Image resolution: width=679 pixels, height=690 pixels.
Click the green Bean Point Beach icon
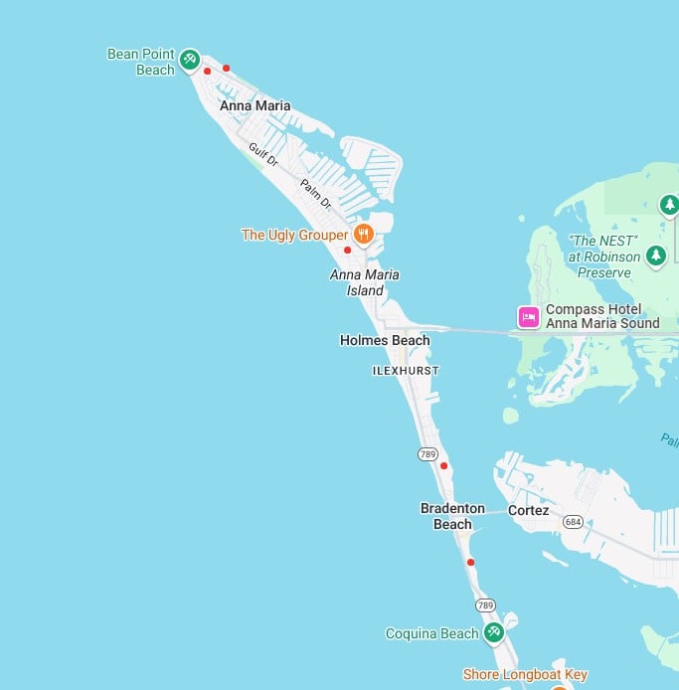189,62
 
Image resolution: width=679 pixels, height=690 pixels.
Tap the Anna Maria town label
255,105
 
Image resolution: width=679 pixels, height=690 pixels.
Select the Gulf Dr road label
262,155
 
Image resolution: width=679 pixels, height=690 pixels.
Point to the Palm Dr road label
316,193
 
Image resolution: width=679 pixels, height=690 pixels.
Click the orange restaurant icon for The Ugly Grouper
364,235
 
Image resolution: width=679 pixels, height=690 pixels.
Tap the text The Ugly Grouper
294,236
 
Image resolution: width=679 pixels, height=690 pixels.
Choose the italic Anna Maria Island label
364,282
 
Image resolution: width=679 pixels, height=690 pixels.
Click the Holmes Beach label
385,340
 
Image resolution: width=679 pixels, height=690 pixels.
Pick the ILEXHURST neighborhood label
405,370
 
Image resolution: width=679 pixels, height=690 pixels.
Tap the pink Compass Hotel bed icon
528,317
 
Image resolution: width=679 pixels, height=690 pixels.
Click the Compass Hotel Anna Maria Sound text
602,316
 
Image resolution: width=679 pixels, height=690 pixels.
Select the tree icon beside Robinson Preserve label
655,256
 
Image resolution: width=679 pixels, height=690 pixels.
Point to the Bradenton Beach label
452,516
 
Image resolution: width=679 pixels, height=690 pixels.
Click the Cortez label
528,511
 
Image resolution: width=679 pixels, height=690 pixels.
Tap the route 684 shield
573,521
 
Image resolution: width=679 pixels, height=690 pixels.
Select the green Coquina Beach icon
493,632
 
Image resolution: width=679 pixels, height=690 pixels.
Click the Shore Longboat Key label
526,675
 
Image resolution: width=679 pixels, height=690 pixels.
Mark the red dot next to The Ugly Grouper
347,251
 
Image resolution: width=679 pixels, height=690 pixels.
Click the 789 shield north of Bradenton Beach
428,454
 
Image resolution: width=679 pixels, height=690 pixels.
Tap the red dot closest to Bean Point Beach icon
207,72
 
